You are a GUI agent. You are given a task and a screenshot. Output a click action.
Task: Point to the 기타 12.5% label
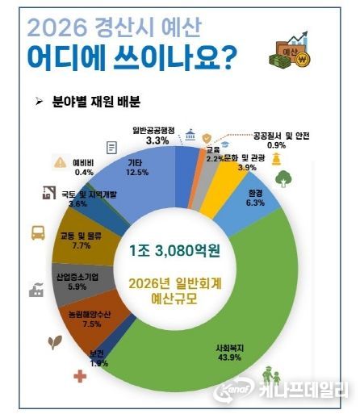[x=136, y=166]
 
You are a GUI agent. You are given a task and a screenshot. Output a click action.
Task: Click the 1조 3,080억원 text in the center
[x=180, y=248]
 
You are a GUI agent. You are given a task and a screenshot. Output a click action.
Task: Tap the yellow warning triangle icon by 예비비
[x=60, y=162]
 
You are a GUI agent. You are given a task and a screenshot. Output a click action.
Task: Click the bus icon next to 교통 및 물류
[x=38, y=233]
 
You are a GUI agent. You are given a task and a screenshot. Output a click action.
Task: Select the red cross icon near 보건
[x=79, y=376]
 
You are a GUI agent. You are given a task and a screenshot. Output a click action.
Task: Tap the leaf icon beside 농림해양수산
[x=57, y=341]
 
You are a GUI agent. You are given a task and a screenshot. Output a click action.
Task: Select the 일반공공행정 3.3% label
[x=159, y=134]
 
